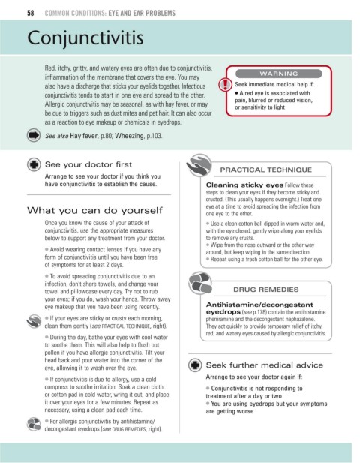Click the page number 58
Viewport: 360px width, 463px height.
pyautogui.click(x=31, y=13)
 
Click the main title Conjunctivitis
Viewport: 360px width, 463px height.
pyautogui.click(x=85, y=38)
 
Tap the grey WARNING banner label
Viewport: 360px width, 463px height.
pyautogui.click(x=278, y=74)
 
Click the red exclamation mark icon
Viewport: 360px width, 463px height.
pyautogui.click(x=225, y=84)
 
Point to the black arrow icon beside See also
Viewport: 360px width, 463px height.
pyautogui.click(x=34, y=135)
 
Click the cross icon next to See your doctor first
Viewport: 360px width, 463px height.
pyautogui.click(x=34, y=164)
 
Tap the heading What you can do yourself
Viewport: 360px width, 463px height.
pyautogui.click(x=94, y=210)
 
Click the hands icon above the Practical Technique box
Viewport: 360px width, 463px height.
pyautogui.click(x=199, y=165)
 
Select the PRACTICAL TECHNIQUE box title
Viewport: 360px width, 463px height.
pyautogui.click(x=265, y=170)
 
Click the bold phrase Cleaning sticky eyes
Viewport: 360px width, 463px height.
pyautogui.click(x=244, y=185)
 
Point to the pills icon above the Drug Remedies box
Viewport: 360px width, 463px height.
pyautogui.click(x=200, y=283)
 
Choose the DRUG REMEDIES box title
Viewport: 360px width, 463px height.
pyautogui.click(x=265, y=290)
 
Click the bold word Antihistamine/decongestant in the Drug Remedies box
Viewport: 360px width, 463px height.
pyautogui.click(x=259, y=305)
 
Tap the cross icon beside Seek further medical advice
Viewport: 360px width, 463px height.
pyautogui.click(x=195, y=365)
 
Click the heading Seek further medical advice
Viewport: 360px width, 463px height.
pyautogui.click(x=265, y=365)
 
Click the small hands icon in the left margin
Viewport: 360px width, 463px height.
pyautogui.click(x=34, y=321)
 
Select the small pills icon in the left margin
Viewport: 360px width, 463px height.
pyautogui.click(x=34, y=424)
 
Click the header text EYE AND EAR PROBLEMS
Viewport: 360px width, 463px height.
pyautogui.click(x=142, y=13)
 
